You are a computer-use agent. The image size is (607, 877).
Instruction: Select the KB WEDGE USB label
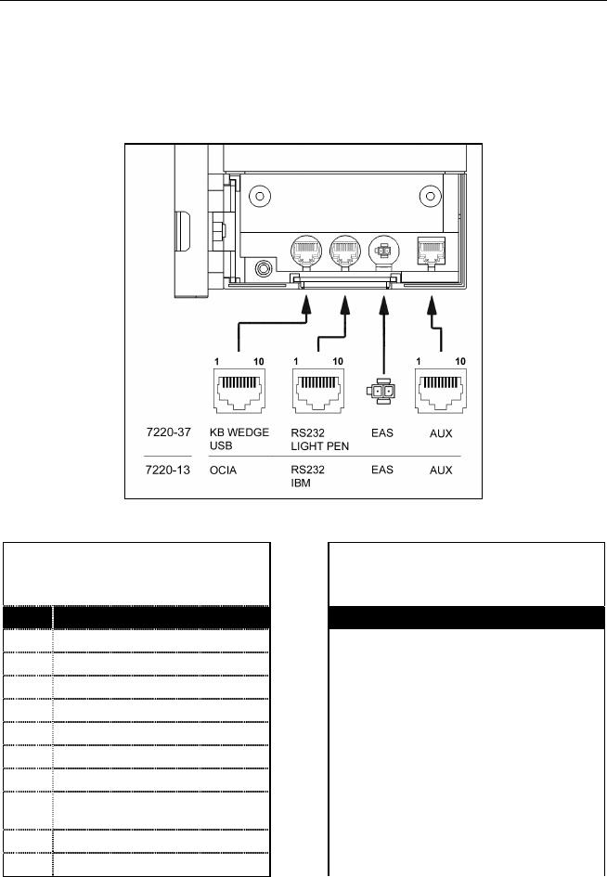pyautogui.click(x=234, y=440)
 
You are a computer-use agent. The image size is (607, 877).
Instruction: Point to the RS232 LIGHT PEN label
pyautogui.click(x=321, y=440)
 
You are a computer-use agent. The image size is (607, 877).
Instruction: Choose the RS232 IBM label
pyautogui.click(x=308, y=476)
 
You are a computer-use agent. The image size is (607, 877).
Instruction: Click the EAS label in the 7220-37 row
pyautogui.click(x=381, y=433)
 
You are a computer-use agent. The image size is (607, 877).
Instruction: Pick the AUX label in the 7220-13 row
pyautogui.click(x=441, y=470)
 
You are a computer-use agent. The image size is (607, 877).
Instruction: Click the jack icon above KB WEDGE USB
pyautogui.click(x=239, y=390)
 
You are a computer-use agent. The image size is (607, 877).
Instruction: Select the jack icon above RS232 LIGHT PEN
pyautogui.click(x=319, y=390)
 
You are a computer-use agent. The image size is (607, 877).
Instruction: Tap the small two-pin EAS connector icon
pyautogui.click(x=380, y=392)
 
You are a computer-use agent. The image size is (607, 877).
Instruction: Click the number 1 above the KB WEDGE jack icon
pyautogui.click(x=215, y=360)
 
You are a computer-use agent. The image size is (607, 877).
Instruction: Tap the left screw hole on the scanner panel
pyautogui.click(x=261, y=197)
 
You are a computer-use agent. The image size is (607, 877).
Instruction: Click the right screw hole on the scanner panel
pyautogui.click(x=430, y=196)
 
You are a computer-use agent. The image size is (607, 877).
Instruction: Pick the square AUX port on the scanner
pyautogui.click(x=430, y=250)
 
